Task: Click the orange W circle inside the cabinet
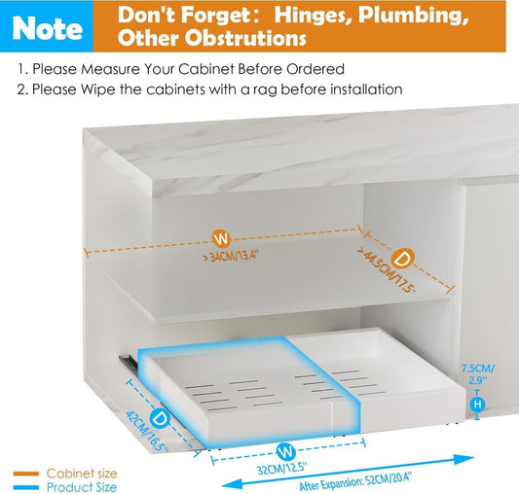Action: pos(223,236)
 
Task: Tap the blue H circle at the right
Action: pos(477,404)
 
